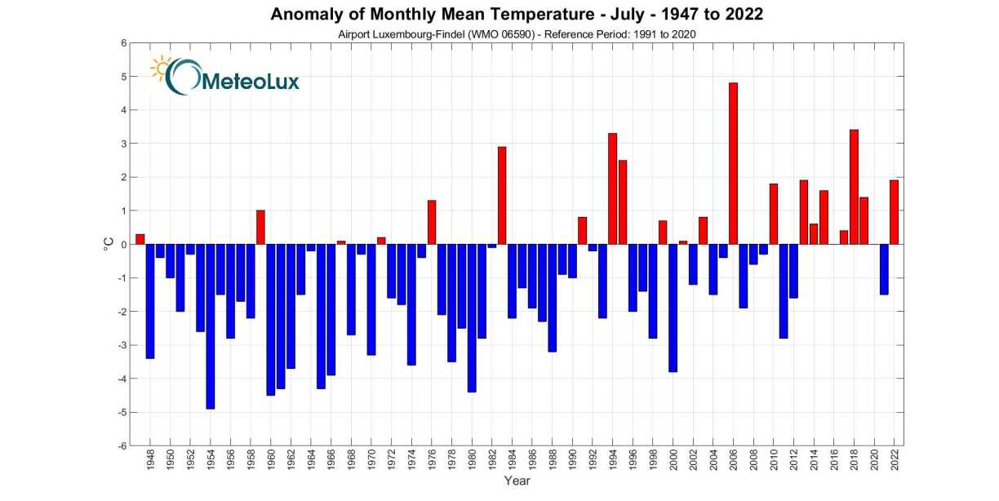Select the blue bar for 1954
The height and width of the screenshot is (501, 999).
click(211, 326)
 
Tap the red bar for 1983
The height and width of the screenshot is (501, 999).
click(502, 196)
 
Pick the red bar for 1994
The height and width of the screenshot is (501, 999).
click(612, 188)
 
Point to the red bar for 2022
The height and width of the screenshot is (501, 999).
click(894, 212)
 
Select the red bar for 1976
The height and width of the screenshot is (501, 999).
click(432, 222)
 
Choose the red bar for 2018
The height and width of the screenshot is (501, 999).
click(854, 187)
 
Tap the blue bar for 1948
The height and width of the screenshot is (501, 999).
click(150, 301)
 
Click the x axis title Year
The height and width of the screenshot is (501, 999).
click(517, 481)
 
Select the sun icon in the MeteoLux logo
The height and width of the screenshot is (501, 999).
click(161, 68)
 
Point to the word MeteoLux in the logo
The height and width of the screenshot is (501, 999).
click(249, 81)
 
